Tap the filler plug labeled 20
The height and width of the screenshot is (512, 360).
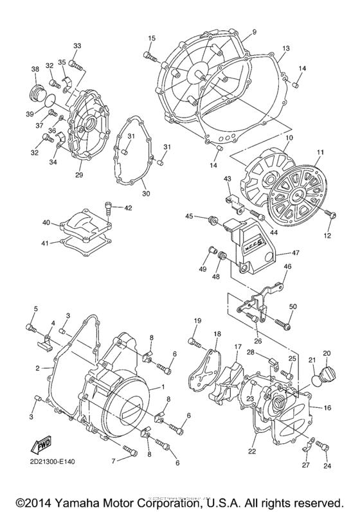[x=326, y=371]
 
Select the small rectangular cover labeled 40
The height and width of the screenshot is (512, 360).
[x=84, y=224]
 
